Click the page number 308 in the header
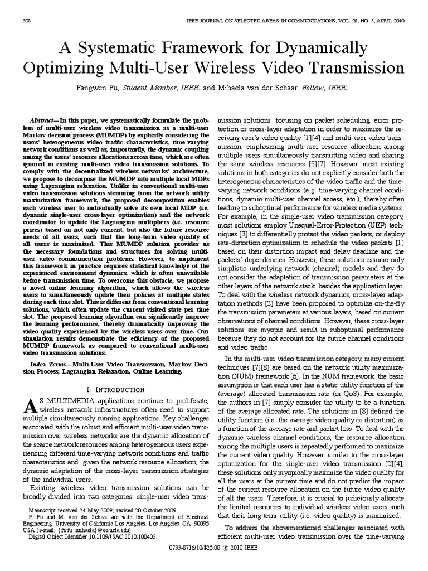click(x=26, y=21)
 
